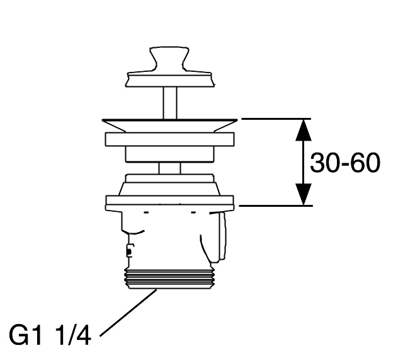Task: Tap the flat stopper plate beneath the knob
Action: [x=169, y=79]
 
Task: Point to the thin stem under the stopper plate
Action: [x=169, y=103]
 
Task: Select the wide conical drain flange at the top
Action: [x=169, y=125]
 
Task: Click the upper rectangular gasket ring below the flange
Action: [x=169, y=139]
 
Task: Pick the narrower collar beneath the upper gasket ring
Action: [x=169, y=154]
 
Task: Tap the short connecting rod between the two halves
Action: [x=169, y=168]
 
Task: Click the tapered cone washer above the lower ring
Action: [x=169, y=185]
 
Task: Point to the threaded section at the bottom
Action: [x=169, y=279]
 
